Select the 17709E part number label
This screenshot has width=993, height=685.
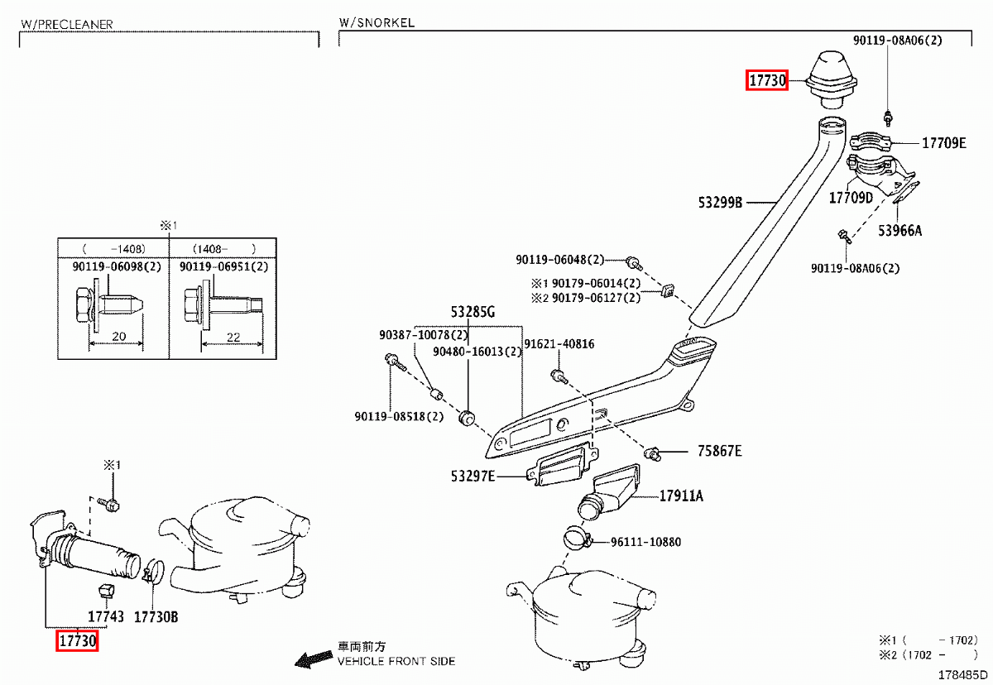tap(943, 143)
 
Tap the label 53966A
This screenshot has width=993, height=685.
tap(900, 231)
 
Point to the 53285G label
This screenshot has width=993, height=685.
tap(473, 313)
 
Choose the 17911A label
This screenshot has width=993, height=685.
tap(681, 496)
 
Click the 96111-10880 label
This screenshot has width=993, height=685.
tap(645, 542)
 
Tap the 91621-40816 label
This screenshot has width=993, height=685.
tap(559, 343)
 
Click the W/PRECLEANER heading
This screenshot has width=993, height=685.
tap(66, 25)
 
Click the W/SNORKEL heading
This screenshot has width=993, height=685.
tap(377, 22)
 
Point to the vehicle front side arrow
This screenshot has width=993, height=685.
tap(314, 659)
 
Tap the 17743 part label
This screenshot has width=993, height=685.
tap(106, 616)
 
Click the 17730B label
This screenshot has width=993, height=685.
tap(156, 616)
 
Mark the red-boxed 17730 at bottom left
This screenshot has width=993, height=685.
tap(77, 640)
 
